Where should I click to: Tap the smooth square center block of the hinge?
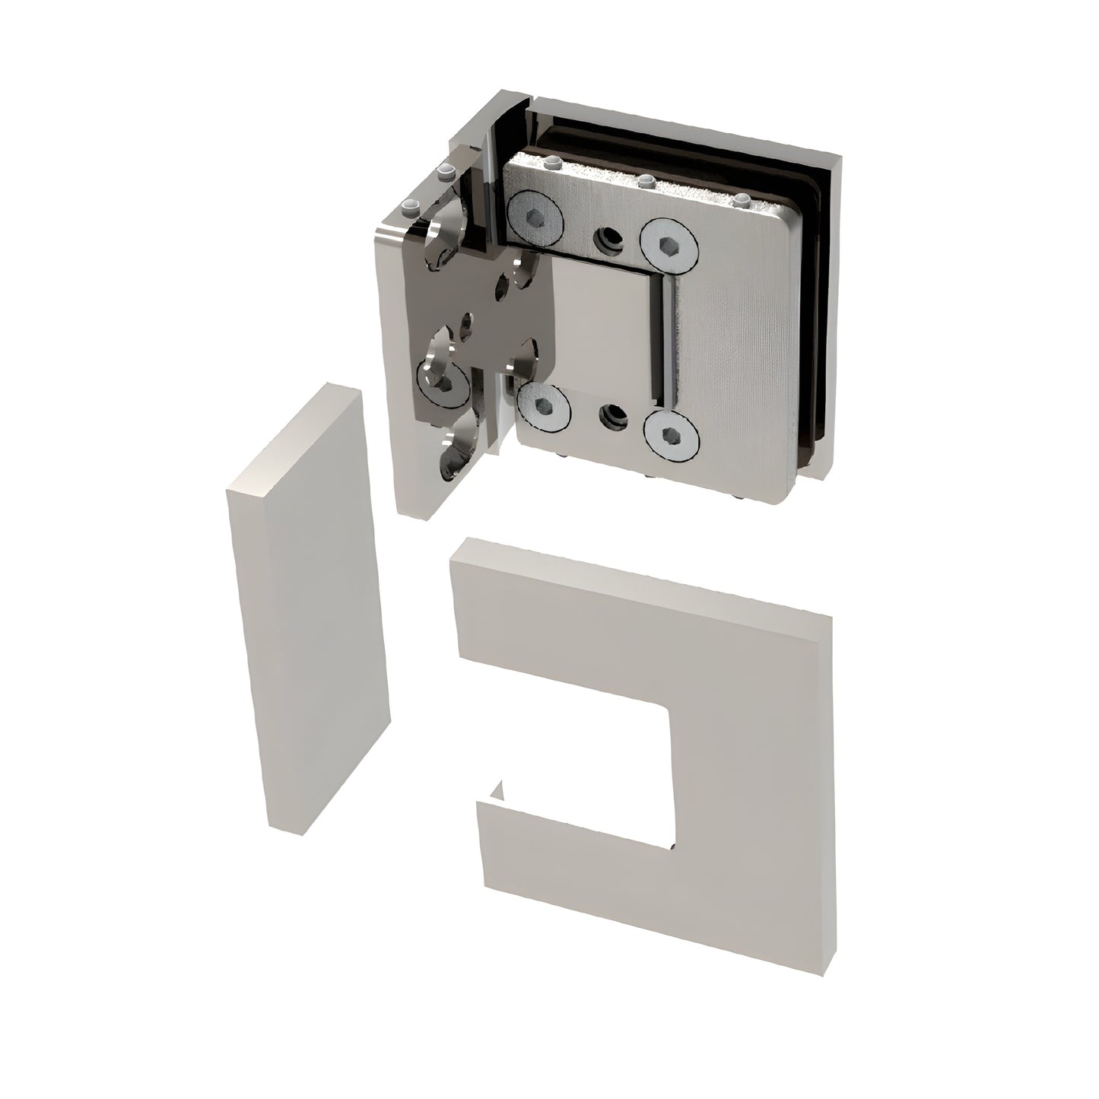click(x=601, y=327)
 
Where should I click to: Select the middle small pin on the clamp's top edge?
click(x=646, y=181)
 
